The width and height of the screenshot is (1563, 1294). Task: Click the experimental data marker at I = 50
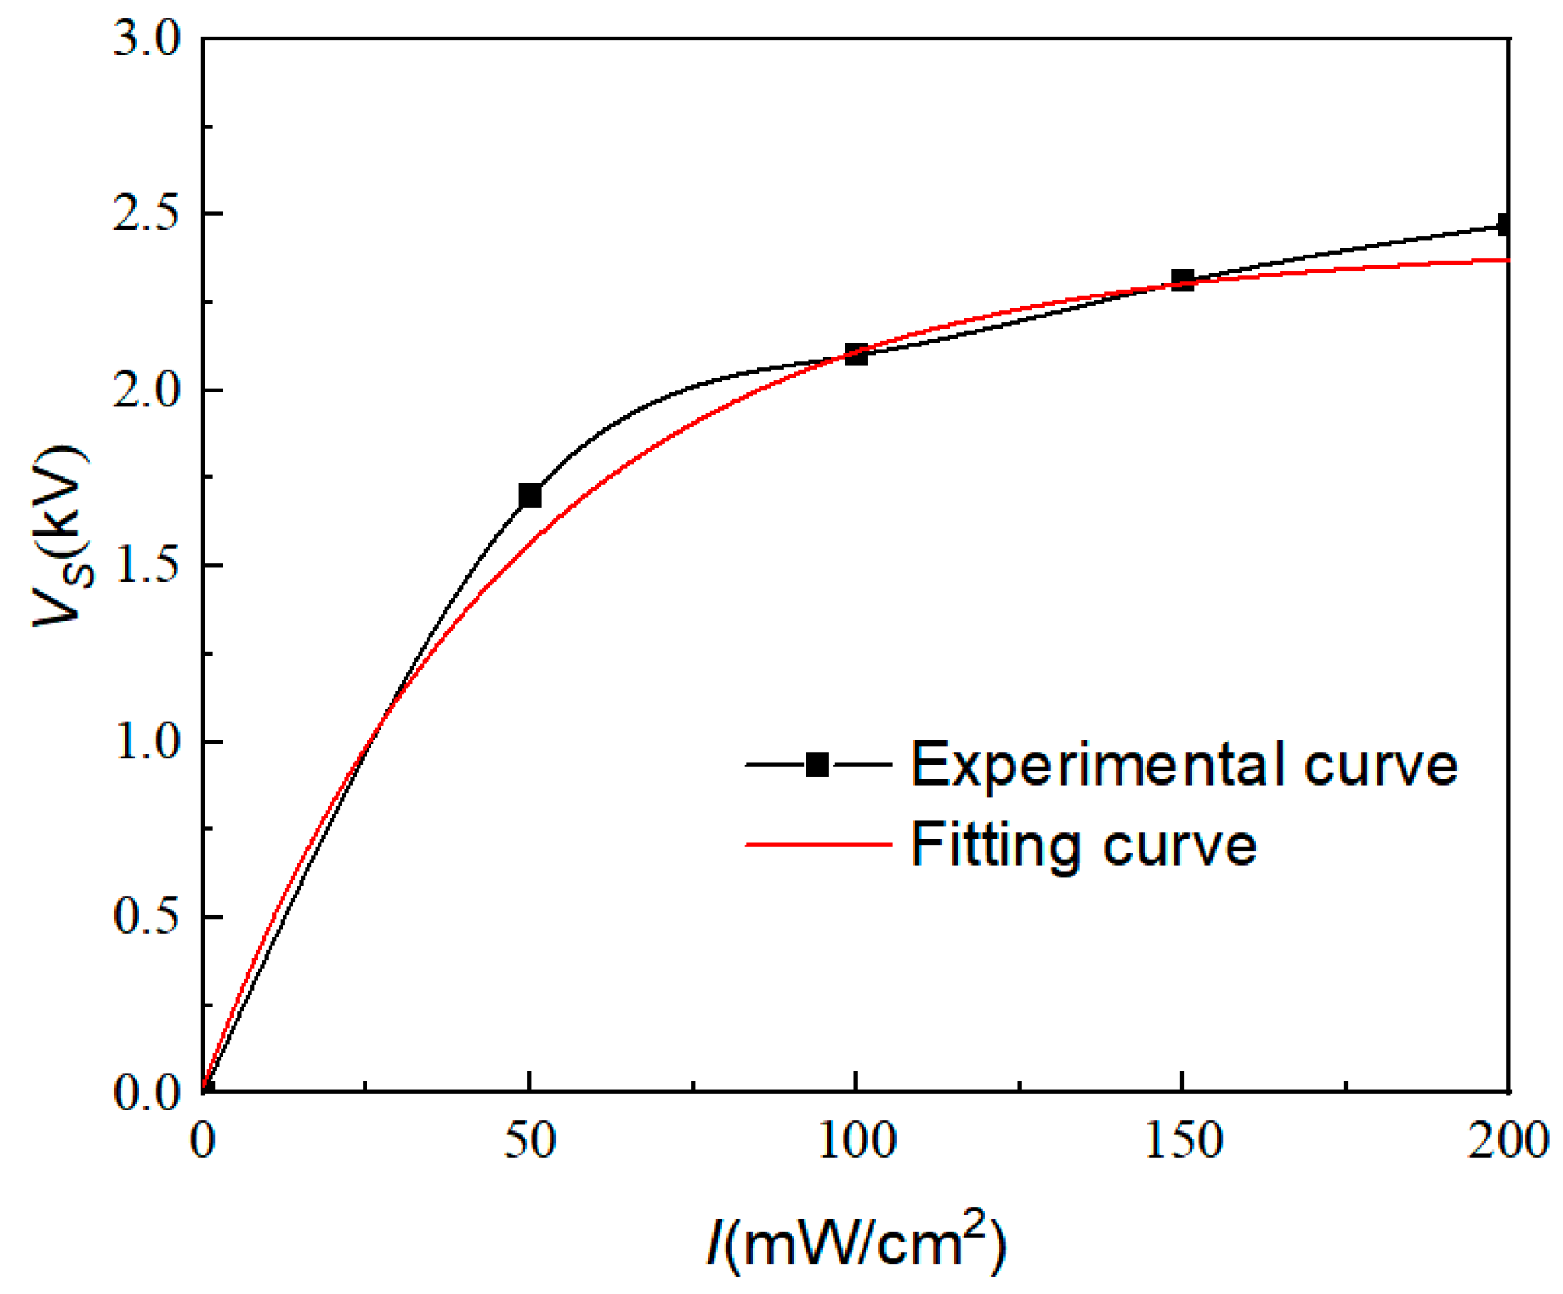click(529, 495)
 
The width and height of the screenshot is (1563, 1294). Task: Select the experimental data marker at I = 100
click(856, 354)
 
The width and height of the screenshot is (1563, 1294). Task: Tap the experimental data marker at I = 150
click(1182, 280)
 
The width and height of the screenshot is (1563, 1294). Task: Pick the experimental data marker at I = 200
click(1505, 225)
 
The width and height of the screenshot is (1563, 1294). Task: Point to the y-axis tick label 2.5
click(146, 213)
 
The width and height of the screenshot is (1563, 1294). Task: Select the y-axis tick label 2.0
click(146, 389)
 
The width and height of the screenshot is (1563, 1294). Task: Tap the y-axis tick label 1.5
click(146, 565)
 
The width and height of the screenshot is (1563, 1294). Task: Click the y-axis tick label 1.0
click(146, 741)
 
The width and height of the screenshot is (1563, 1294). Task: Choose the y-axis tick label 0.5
click(146, 916)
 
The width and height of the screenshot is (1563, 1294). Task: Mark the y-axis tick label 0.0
click(146, 1092)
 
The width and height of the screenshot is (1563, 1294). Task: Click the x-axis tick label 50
click(529, 1141)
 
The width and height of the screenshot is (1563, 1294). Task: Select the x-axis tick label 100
click(856, 1141)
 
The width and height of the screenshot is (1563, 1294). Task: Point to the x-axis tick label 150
click(1182, 1141)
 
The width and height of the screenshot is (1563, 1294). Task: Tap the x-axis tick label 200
click(1508, 1141)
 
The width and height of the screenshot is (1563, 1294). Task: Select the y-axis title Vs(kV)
click(62, 537)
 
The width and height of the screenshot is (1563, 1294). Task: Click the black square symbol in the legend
click(817, 765)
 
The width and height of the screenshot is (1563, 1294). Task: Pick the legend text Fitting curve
click(1084, 845)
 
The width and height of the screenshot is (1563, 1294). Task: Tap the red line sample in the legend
click(817, 844)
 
